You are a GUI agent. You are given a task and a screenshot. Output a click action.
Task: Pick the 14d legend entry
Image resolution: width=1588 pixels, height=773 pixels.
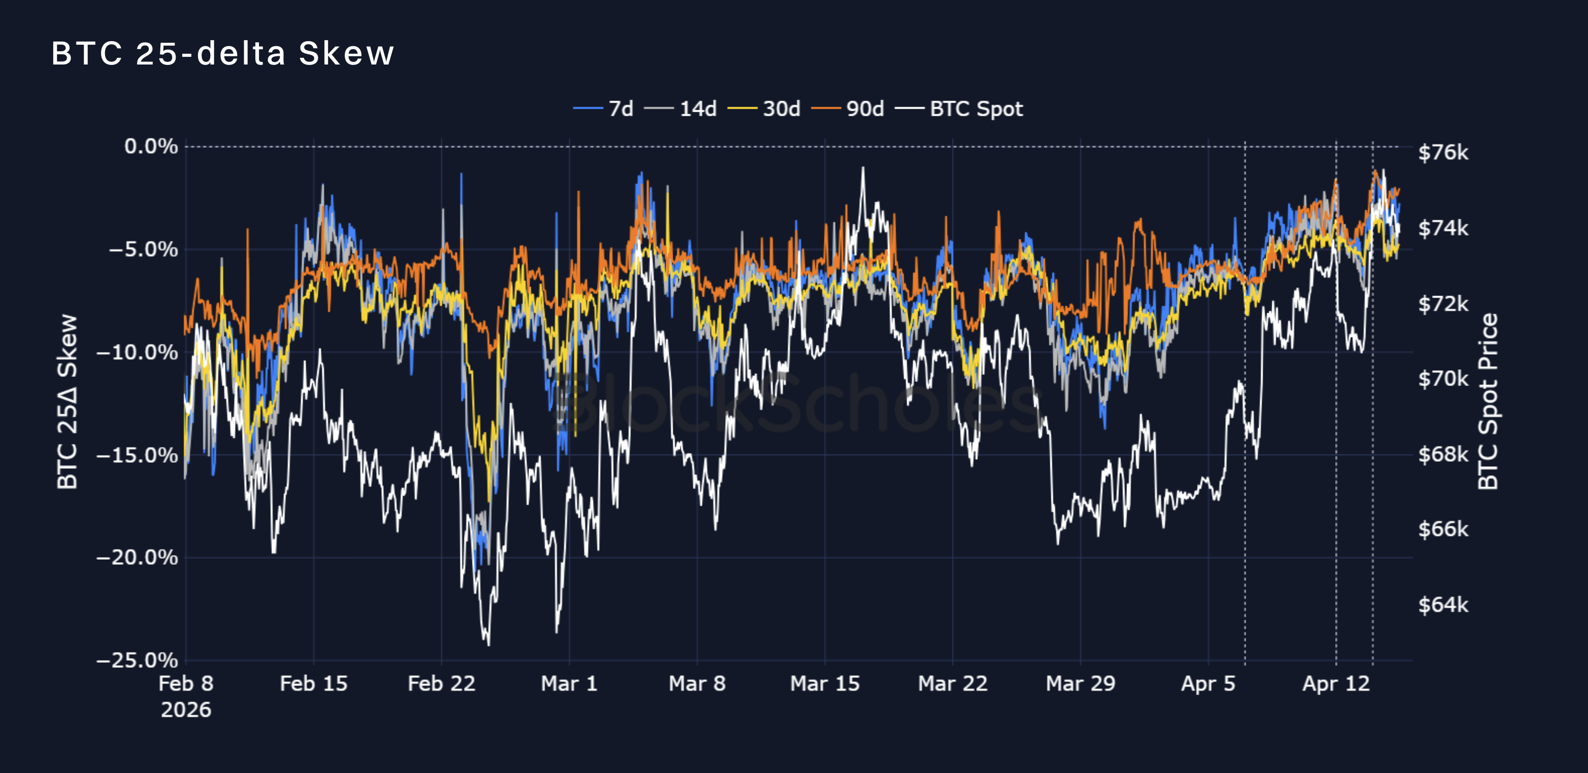click(x=681, y=109)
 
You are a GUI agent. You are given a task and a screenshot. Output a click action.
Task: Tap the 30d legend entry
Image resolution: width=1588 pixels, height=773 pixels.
click(x=765, y=109)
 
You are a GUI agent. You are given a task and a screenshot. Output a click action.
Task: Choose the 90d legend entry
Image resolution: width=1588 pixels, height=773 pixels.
click(x=848, y=109)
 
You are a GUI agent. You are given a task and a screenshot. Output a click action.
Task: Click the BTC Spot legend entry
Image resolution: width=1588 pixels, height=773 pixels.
click(x=961, y=109)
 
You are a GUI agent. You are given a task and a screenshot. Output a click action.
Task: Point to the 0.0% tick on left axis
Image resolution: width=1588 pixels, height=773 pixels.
click(x=151, y=147)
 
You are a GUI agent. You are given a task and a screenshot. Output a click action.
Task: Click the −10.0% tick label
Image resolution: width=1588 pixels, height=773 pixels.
click(x=138, y=352)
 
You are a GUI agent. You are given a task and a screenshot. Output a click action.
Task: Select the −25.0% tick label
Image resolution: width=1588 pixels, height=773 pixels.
click(x=138, y=660)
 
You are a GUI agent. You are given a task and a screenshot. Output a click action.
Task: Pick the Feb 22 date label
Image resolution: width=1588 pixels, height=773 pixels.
click(x=441, y=684)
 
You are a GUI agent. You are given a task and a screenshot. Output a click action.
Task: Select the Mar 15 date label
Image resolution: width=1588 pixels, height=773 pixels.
click(x=825, y=684)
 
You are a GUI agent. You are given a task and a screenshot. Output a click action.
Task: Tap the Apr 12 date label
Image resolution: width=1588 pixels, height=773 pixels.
click(x=1336, y=684)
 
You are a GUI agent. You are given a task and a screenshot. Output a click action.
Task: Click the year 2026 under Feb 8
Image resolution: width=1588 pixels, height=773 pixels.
click(x=186, y=710)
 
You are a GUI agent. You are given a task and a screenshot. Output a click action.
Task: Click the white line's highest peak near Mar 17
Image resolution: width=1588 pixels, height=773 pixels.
click(x=863, y=167)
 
